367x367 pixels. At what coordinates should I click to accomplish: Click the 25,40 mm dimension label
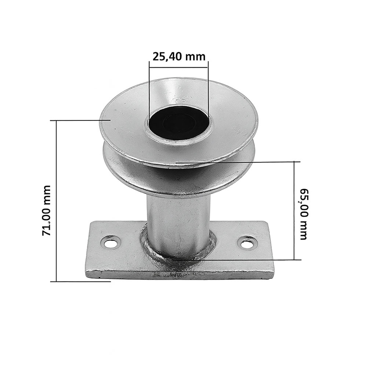click(x=179, y=57)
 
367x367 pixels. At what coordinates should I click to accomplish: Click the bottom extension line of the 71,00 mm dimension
click(x=81, y=281)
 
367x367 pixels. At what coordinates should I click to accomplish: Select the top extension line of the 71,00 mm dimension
click(x=77, y=120)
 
